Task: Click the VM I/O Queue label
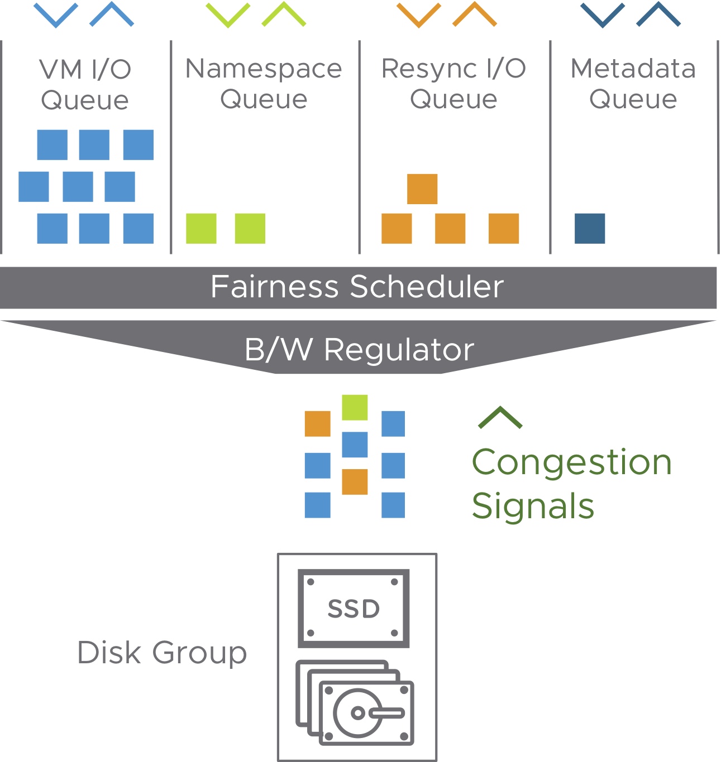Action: coord(85,85)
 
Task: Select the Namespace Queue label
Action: coord(264,84)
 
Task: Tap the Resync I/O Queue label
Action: coord(453,84)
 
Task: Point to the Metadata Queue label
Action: coord(633,84)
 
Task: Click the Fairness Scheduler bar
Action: coord(357,287)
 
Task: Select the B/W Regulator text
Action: coord(359,350)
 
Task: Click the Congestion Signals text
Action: coord(571,484)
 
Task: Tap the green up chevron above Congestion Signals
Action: coord(500,418)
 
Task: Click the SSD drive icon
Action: coord(354,608)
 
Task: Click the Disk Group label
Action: coord(162,653)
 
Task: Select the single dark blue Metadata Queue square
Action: coord(590,229)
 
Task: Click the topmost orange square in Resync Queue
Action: coord(422,189)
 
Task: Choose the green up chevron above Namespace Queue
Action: coord(284,15)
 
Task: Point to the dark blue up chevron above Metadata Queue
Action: coord(658,15)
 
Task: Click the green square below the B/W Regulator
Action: coord(355,407)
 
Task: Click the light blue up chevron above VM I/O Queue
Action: coord(112,15)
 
